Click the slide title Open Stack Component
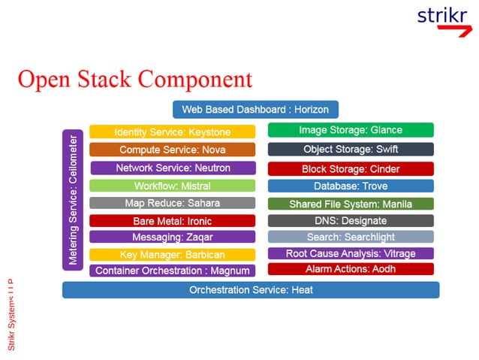[135, 79]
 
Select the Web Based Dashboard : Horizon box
[255, 110]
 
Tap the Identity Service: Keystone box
[172, 132]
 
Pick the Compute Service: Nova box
[172, 150]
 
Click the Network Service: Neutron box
[173, 168]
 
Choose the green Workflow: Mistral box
[172, 186]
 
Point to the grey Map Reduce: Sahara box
[172, 203]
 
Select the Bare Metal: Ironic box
[172, 221]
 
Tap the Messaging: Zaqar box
[172, 237]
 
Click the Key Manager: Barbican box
[172, 255]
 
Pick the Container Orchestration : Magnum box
[172, 271]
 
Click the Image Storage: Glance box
[351, 130]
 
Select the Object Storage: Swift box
[351, 150]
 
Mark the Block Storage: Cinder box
[351, 169]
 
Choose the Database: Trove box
[351, 186]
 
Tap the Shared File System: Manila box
[351, 204]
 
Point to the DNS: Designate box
[351, 221]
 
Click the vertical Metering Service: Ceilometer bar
[73, 199]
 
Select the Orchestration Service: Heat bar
[251, 290]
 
